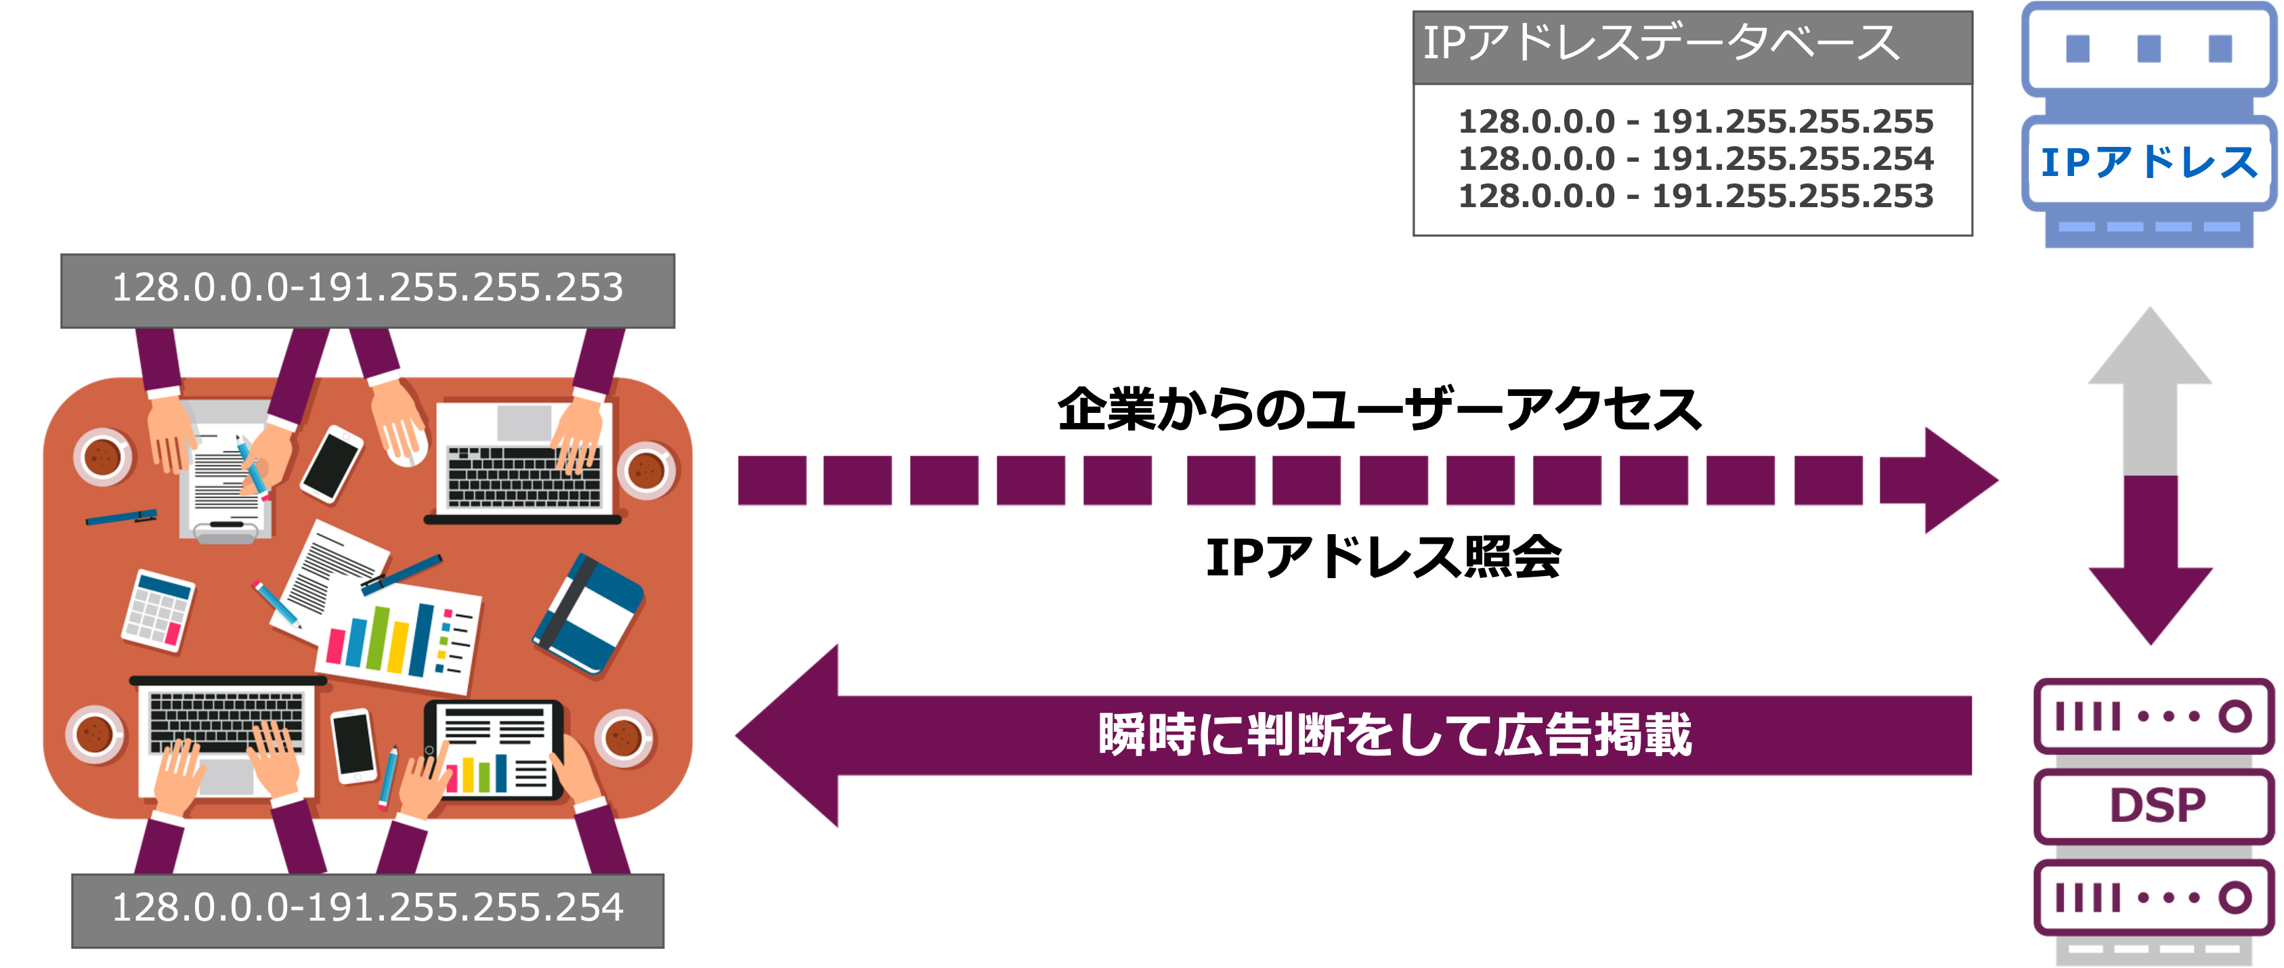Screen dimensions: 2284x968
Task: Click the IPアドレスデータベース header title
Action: click(x=1660, y=43)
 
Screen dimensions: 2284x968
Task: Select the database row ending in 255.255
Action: click(x=1696, y=121)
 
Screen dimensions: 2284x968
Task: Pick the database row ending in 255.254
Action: click(x=1696, y=158)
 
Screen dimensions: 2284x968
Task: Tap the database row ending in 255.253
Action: click(x=1696, y=196)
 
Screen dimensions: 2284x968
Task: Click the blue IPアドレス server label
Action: click(x=2149, y=163)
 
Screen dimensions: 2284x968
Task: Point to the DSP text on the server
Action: click(x=2156, y=806)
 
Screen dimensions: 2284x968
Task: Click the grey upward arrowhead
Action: click(x=2149, y=346)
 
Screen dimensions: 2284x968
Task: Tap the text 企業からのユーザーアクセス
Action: click(x=1379, y=410)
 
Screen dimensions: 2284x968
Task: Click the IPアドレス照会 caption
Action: click(x=1383, y=558)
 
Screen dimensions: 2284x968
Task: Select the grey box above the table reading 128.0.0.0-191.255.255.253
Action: click(x=368, y=291)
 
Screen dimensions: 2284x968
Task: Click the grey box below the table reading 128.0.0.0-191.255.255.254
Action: click(x=368, y=910)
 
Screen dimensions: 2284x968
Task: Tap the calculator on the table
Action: click(x=158, y=611)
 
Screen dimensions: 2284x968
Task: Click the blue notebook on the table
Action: click(x=588, y=615)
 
